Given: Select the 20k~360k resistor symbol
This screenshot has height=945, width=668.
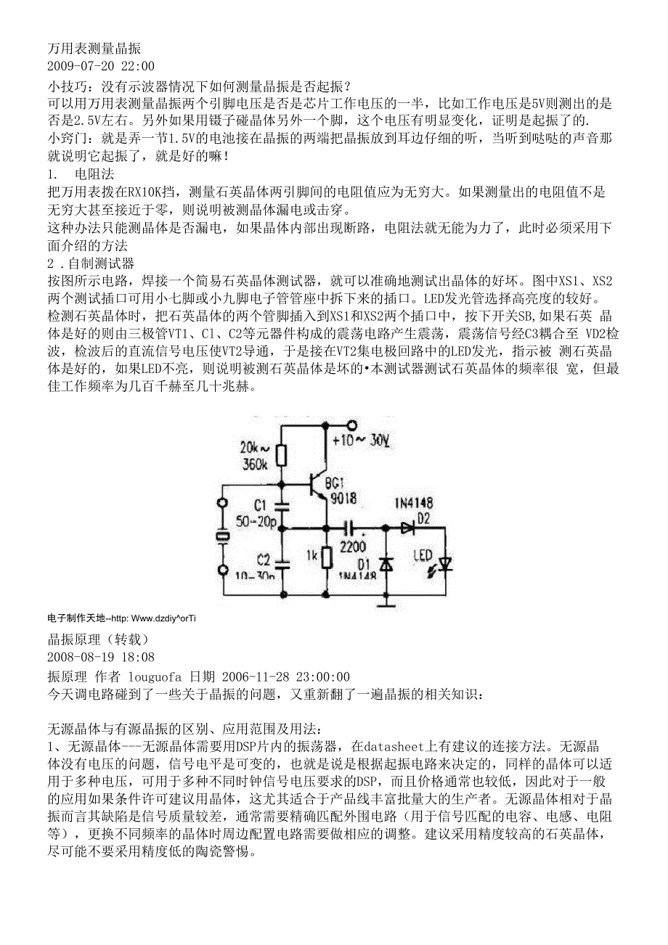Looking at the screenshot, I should (x=282, y=455).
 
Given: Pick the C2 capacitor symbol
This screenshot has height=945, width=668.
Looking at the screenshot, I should (x=282, y=561).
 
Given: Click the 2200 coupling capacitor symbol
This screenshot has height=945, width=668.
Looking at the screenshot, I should (x=352, y=528).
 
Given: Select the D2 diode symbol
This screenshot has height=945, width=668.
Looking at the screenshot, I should (x=407, y=528).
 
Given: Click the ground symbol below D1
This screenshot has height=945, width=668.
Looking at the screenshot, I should (x=386, y=600).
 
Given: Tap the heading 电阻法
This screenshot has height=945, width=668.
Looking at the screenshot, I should (x=94, y=174).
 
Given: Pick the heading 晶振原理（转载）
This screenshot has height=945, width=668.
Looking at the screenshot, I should (x=97, y=639).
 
